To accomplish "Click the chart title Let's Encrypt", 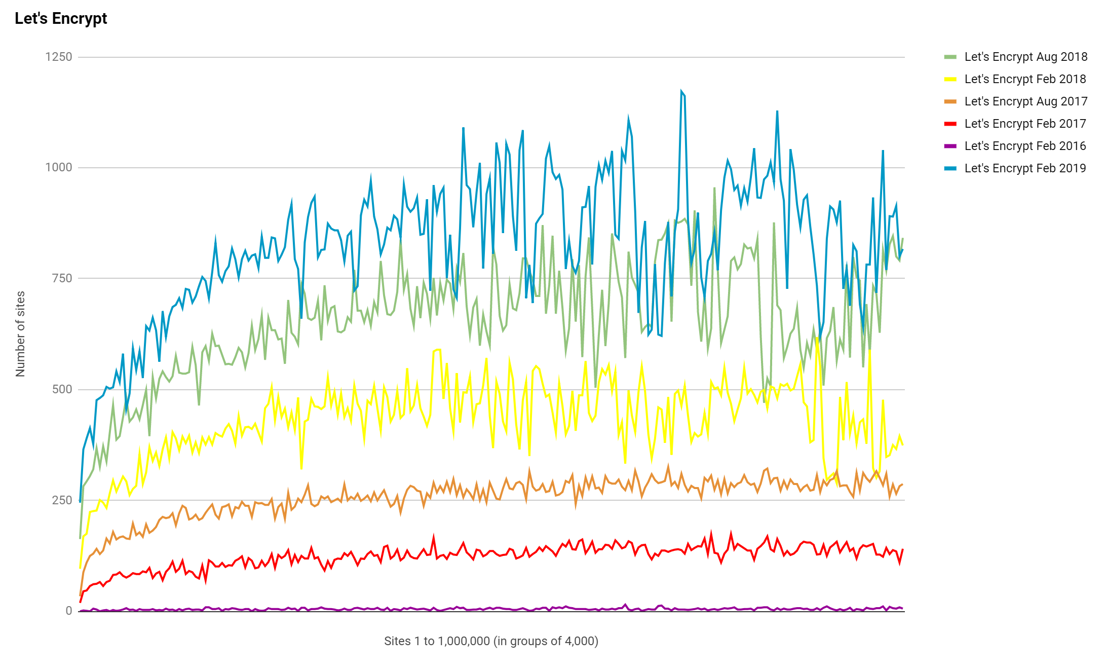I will point(61,19).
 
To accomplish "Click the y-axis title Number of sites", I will point(20,333).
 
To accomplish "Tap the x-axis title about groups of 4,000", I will point(491,641).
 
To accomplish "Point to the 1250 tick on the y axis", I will point(59,57).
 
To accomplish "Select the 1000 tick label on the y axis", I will point(59,167).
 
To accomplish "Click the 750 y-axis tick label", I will point(62,278).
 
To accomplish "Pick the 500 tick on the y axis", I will point(62,389).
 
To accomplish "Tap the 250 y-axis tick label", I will point(62,500).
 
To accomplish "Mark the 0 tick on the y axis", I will point(68,611).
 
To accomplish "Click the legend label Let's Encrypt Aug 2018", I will point(1025,57).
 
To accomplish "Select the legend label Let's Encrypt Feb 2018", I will point(1025,79).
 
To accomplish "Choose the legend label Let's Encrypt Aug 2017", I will point(1025,101).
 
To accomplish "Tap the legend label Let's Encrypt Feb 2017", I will point(1025,124).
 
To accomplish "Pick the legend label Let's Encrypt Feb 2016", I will point(1025,146).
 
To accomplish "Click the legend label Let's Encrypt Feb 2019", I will point(1025,168).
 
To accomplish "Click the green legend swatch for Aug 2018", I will point(950,57).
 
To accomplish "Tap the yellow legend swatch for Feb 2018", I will point(950,79).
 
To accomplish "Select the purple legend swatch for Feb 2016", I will point(950,146).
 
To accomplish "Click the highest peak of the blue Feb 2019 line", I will point(681,92).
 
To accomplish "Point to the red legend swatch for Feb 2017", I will point(950,124).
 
